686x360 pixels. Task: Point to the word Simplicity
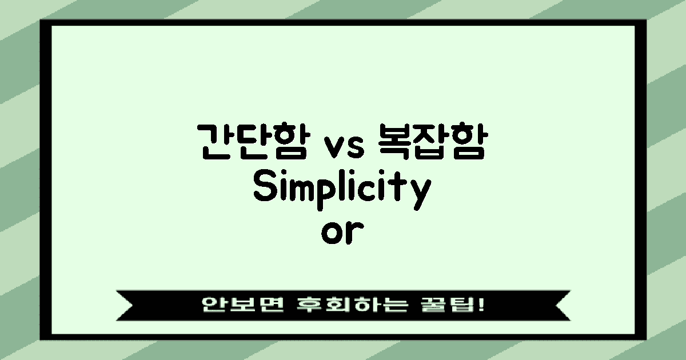(341, 190)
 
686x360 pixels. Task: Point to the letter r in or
(353, 234)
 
